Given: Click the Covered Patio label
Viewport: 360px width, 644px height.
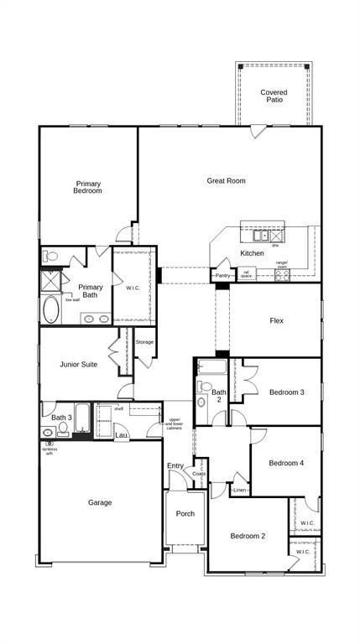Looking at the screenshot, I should coord(273,96).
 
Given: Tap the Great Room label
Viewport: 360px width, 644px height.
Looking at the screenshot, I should coord(226,180).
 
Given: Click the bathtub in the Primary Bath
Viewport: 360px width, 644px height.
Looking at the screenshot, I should coord(51,310).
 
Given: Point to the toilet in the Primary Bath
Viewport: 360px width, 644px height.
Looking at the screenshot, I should coord(50,256).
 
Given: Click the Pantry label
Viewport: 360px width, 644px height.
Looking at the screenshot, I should coord(222,275).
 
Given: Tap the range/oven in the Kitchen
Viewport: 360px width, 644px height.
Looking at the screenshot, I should coord(282,273).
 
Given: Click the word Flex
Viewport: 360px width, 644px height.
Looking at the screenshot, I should coord(276,320).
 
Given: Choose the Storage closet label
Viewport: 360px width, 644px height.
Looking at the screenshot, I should coord(144,342).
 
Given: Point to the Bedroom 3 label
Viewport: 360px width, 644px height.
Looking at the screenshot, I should coord(286,392).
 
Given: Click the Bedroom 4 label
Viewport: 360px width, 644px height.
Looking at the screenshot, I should coord(286,463).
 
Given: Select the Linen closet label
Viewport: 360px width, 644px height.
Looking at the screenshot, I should coord(240,490).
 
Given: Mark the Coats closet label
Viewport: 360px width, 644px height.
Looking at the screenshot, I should coord(199,474).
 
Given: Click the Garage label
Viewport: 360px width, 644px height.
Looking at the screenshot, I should coord(100,502).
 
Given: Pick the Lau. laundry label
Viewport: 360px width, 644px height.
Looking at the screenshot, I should coord(121,435).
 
